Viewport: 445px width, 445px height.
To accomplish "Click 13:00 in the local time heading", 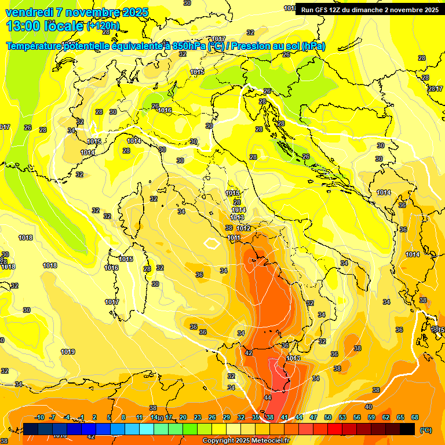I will pyautogui.click(x=24, y=25).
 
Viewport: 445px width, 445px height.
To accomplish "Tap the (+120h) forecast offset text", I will pyautogui.click(x=103, y=26).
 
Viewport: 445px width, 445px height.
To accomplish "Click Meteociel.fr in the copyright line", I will pyautogui.click(x=267, y=441).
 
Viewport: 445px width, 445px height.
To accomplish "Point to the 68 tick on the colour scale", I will pyautogui.click(x=415, y=417).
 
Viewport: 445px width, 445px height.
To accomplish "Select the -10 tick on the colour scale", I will pyautogui.click(x=39, y=417).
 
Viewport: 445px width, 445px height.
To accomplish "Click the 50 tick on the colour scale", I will pyautogui.click(x=328, y=417).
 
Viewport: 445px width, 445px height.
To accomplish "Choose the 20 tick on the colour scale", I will pyautogui.click(x=183, y=417).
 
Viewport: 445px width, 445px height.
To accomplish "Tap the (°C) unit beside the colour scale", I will pyautogui.click(x=426, y=430).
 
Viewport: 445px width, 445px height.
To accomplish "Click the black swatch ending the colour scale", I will pyautogui.click(x=407, y=429).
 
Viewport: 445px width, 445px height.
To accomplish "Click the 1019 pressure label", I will pyautogui.click(x=68, y=352).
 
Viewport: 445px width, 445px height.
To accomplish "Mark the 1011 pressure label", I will pyautogui.click(x=234, y=238).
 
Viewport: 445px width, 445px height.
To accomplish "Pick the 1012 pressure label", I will pyautogui.click(x=243, y=229).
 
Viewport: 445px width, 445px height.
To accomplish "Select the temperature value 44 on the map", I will pyautogui.click(x=267, y=397).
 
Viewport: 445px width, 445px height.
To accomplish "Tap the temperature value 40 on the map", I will pyautogui.click(x=369, y=407).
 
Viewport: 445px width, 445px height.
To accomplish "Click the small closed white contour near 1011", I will pyautogui.click(x=213, y=243).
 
